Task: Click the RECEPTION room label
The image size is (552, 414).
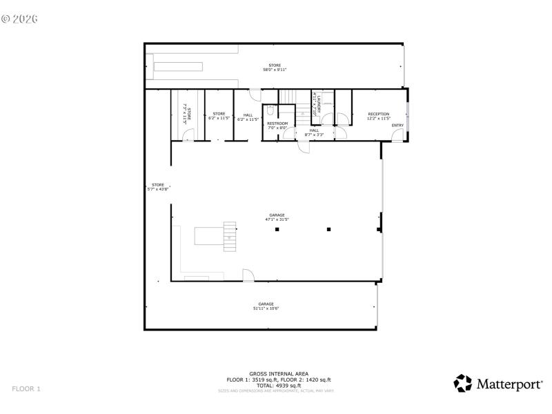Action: pyautogui.click(x=378, y=114)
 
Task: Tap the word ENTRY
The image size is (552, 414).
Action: pyautogui.click(x=397, y=125)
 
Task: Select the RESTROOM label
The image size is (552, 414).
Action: pyautogui.click(x=277, y=124)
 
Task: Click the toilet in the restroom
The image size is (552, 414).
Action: pyautogui.click(x=272, y=110)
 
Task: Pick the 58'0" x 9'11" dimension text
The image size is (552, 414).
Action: pyautogui.click(x=275, y=70)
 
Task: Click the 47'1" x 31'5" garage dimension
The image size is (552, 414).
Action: pyautogui.click(x=277, y=219)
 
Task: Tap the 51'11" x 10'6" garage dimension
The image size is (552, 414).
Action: pyautogui.click(x=266, y=308)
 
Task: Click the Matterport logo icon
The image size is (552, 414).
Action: pyautogui.click(x=462, y=383)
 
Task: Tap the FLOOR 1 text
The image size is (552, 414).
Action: pyautogui.click(x=26, y=389)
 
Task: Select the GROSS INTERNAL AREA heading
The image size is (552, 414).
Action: pyautogui.click(x=275, y=374)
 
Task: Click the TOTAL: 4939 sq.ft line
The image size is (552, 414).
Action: pyautogui.click(x=275, y=385)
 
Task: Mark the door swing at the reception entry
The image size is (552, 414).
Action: pyautogui.click(x=397, y=136)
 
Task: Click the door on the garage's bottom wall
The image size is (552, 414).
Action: pyautogui.click(x=248, y=275)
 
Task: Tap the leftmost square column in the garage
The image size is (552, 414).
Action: pyautogui.click(x=277, y=229)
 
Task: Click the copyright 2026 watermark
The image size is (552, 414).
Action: pyautogui.click(x=19, y=19)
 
